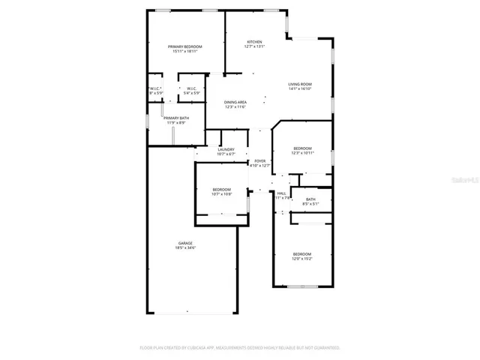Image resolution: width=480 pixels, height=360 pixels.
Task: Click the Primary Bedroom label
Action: pos(186,46)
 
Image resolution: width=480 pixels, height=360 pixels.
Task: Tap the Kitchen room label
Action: pos(256,42)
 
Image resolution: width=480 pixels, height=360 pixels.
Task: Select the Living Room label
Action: pos(300,84)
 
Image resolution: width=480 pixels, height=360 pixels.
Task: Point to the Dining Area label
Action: pos(236,102)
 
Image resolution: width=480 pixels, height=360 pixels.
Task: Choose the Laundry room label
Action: pos(226,149)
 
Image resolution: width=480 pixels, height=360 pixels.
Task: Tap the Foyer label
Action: pos(260,161)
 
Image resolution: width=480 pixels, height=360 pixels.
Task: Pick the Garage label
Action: pos(185,243)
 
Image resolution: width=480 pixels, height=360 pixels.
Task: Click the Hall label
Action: pos(281,193)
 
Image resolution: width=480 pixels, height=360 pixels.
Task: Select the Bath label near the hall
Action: pos(310,199)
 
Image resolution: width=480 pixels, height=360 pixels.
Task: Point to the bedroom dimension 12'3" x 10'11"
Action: pos(302,154)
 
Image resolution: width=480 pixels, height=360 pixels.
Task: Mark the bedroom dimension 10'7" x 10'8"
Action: pos(221,194)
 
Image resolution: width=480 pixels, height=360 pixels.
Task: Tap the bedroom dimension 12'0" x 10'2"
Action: pos(302,259)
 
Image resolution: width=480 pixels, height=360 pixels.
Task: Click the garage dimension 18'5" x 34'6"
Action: pos(185,248)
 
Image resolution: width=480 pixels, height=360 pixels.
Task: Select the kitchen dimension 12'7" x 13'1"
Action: pos(256,47)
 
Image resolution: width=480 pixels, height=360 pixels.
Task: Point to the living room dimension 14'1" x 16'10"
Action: pos(300,89)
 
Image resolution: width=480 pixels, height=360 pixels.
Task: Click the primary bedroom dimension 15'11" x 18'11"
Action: pos(186,52)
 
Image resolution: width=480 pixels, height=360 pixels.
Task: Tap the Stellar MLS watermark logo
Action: pos(466,181)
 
